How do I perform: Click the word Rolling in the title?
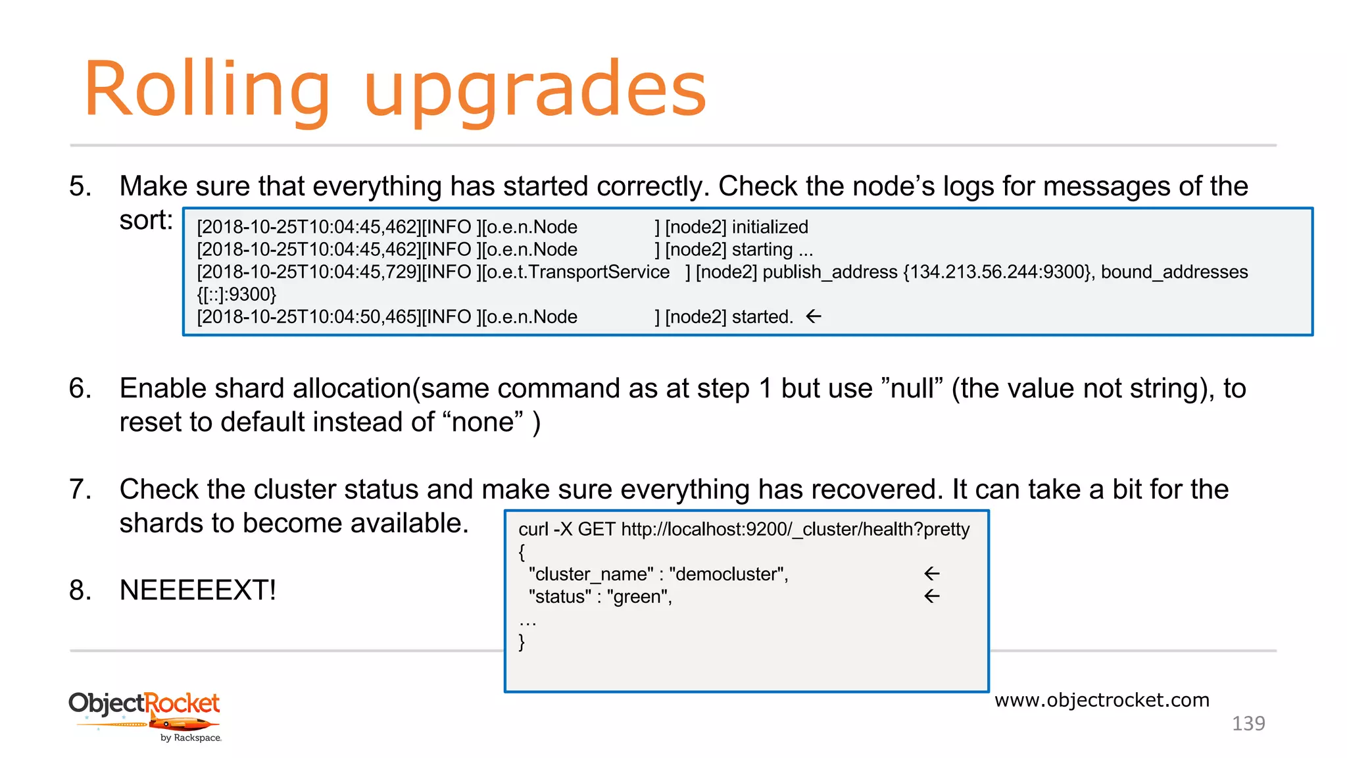(x=207, y=90)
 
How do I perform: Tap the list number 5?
(x=80, y=186)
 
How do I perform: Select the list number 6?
(x=80, y=388)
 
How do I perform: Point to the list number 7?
(x=80, y=489)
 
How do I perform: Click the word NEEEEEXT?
(x=198, y=590)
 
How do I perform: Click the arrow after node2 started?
(x=814, y=316)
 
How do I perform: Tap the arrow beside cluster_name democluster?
(x=932, y=574)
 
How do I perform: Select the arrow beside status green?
(x=932, y=596)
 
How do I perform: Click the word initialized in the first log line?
(x=770, y=227)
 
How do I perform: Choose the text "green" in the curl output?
(x=637, y=597)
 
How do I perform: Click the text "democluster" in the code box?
(x=727, y=574)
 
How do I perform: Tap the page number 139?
(x=1248, y=723)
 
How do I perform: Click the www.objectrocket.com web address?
(x=1102, y=700)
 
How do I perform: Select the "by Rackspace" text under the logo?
(x=191, y=738)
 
